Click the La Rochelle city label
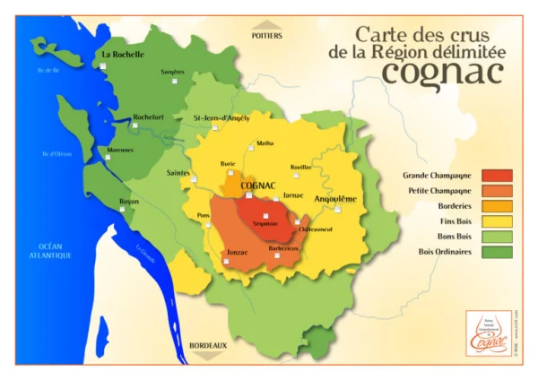point(124,54)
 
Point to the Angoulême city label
point(335,199)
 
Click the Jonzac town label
point(238,253)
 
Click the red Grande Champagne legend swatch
point(499,176)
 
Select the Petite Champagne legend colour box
point(499,191)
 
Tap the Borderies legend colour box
point(499,206)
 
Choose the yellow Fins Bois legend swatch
point(499,221)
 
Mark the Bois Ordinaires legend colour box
point(499,251)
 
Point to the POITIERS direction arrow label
point(266,36)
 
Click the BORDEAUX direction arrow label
point(209,345)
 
